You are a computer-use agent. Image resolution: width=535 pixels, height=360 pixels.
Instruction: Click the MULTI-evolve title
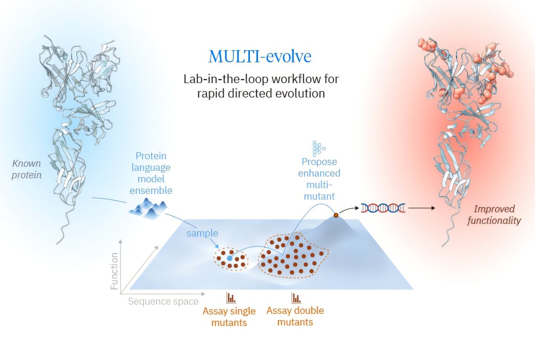(x=260, y=56)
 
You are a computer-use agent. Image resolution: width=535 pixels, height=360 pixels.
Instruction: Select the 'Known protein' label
(x=26, y=169)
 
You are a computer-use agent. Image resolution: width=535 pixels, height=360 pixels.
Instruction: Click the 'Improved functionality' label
(x=494, y=215)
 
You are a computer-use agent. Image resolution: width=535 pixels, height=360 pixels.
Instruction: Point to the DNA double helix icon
(x=383, y=208)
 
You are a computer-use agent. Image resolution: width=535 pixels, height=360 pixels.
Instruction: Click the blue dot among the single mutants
(x=230, y=259)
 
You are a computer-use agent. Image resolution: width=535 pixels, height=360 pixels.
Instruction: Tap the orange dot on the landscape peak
(x=336, y=215)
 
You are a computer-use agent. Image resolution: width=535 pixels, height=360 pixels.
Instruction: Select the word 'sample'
(x=202, y=233)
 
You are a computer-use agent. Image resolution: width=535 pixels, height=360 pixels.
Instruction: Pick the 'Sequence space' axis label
(x=163, y=301)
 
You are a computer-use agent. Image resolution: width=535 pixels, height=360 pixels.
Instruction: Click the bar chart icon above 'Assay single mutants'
(x=231, y=298)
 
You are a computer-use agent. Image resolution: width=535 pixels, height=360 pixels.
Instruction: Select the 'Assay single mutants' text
(x=229, y=317)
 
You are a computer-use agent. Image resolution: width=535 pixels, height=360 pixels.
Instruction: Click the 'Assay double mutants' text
(x=295, y=316)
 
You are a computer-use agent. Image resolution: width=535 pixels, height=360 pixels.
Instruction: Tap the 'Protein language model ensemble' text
(x=151, y=173)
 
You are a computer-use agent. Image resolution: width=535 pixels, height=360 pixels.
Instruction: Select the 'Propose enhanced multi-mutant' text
(x=319, y=179)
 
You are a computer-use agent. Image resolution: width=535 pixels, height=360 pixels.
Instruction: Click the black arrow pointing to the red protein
(x=422, y=208)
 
